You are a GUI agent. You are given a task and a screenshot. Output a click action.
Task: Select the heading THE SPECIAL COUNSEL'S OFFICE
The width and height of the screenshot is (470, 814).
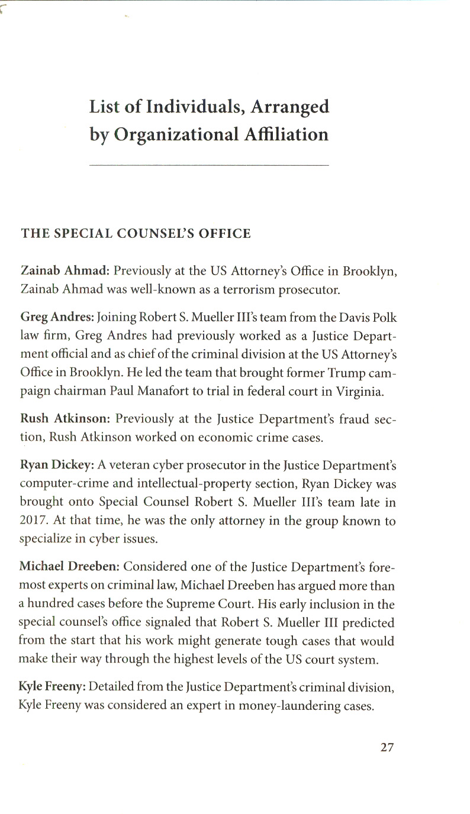coord(136,234)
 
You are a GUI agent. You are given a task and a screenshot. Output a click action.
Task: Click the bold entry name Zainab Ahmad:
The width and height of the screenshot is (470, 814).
coord(65,272)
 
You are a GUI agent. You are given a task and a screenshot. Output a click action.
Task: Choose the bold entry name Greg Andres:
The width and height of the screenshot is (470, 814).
coord(57,316)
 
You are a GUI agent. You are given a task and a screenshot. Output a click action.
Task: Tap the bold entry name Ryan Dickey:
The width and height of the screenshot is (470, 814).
coord(56,464)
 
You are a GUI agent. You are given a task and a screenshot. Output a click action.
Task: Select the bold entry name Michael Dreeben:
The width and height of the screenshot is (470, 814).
coord(70,567)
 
